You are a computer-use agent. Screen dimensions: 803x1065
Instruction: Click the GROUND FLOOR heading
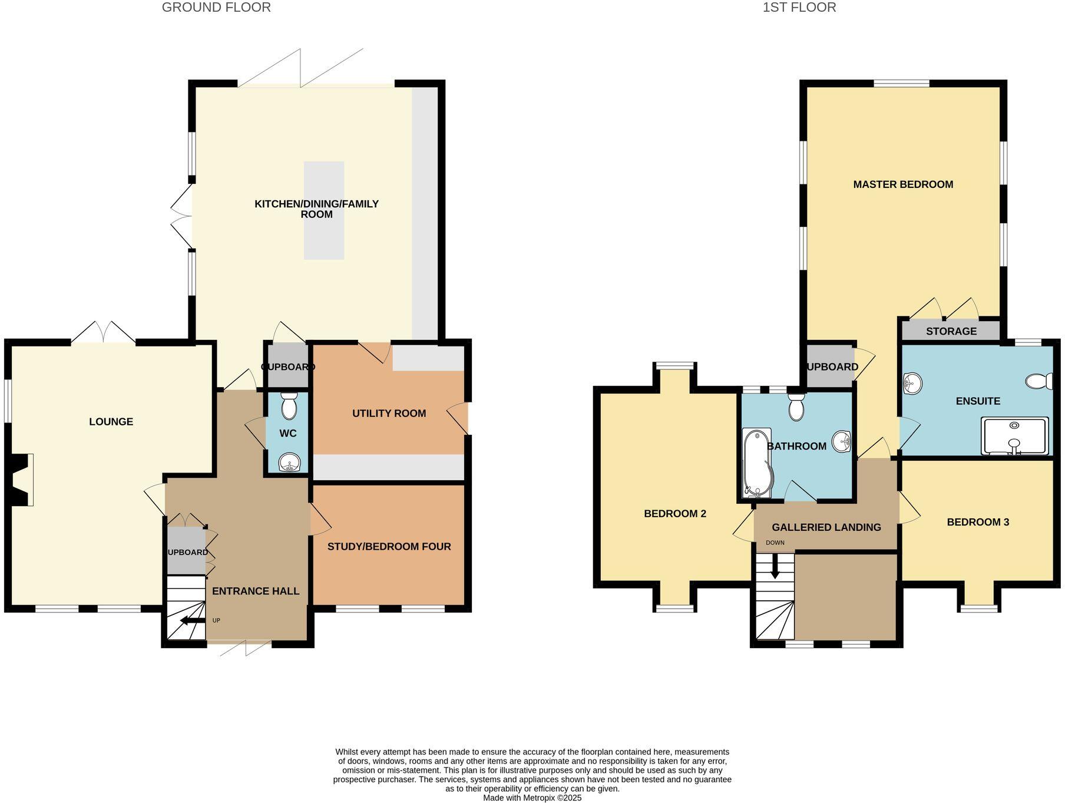click(216, 8)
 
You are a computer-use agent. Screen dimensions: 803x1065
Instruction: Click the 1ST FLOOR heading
click(799, 8)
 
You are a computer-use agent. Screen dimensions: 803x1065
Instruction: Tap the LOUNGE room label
click(111, 422)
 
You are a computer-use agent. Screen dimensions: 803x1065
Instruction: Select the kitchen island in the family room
click(323, 210)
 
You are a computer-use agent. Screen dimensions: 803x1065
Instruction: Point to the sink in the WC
click(289, 462)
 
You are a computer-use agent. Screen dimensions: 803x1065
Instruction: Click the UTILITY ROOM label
click(389, 414)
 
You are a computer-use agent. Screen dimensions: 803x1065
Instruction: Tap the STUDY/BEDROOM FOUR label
click(389, 547)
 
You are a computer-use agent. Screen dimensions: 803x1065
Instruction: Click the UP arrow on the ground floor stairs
click(189, 620)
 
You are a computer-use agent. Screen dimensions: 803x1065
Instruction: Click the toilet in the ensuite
click(1039, 382)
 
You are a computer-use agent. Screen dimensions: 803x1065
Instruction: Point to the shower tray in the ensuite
click(1014, 436)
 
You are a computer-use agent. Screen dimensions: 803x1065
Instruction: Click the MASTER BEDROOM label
click(902, 184)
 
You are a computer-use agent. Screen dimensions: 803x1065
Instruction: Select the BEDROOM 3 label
click(977, 522)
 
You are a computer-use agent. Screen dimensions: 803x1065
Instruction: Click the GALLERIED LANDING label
click(826, 527)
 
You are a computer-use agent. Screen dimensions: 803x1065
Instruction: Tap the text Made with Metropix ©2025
click(532, 798)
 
